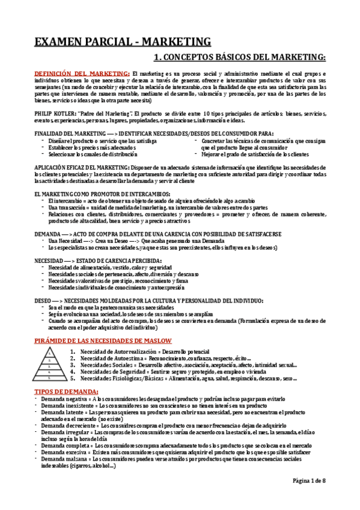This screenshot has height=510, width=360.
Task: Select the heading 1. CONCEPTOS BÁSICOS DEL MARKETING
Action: [x=239, y=57]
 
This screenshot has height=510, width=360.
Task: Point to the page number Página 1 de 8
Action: [x=309, y=498]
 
